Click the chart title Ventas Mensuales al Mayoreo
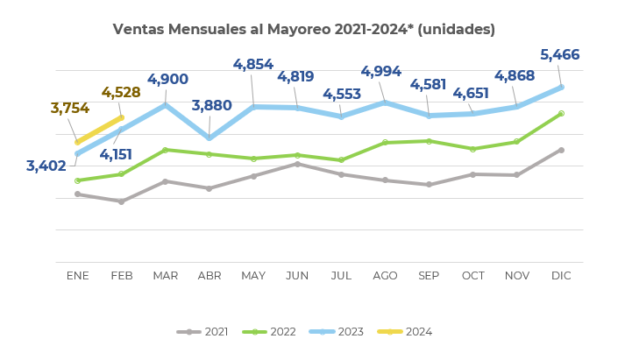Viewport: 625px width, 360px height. coord(303,30)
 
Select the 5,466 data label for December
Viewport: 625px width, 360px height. coord(560,55)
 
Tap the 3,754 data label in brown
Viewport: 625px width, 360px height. coord(70,109)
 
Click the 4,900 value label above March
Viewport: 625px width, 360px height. coord(167,80)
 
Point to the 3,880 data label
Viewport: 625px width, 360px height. coord(211,106)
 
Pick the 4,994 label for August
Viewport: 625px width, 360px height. coord(381,72)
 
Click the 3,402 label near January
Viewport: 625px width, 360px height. coord(46,166)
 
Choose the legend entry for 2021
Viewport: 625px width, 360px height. coord(203,332)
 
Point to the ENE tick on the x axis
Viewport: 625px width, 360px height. coord(78,276)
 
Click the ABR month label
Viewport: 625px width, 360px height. coord(210,276)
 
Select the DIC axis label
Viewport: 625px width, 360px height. coord(561,276)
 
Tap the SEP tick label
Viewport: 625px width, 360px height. coord(429,276)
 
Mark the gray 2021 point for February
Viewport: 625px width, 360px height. coord(121,201)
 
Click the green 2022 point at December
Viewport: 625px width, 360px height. coord(561,113)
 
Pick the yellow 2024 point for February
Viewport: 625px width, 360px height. coord(121,117)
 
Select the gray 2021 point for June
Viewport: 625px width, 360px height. coord(297,164)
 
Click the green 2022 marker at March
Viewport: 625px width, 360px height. coord(166,150)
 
